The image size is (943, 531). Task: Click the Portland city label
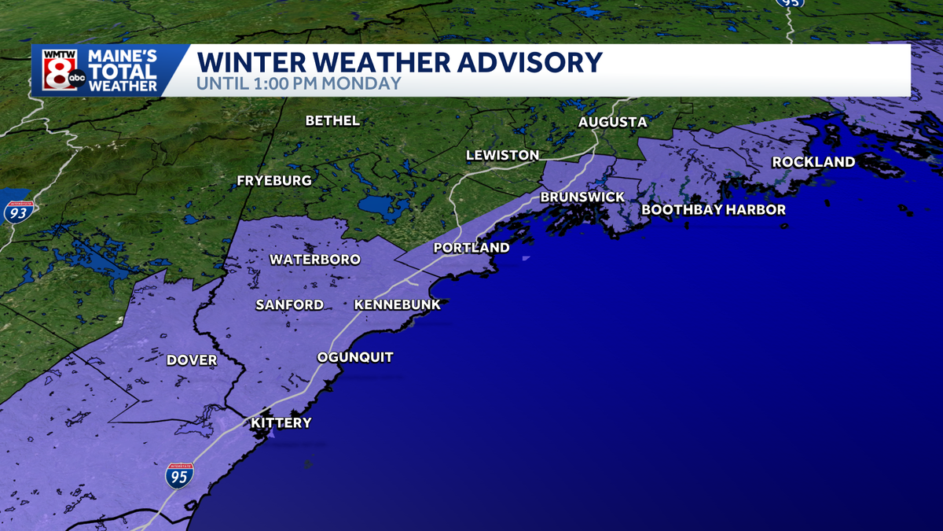pyautogui.click(x=472, y=248)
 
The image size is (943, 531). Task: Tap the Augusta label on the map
pyautogui.click(x=612, y=122)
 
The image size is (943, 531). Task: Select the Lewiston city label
pyautogui.click(x=502, y=155)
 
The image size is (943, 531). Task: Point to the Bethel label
pyautogui.click(x=332, y=120)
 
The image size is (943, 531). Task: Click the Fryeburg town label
pyautogui.click(x=274, y=181)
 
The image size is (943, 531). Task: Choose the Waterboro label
pyautogui.click(x=314, y=260)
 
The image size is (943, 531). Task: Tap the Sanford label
pyautogui.click(x=289, y=304)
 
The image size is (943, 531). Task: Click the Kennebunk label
pyautogui.click(x=398, y=304)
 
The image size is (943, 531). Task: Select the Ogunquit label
pyautogui.click(x=354, y=358)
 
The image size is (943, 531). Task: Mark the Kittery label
pyautogui.click(x=281, y=423)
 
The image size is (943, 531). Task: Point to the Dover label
pyautogui.click(x=192, y=360)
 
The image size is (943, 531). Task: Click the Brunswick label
pyautogui.click(x=582, y=197)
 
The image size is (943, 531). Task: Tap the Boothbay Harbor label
pyautogui.click(x=714, y=209)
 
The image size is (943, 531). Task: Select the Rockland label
pyautogui.click(x=813, y=162)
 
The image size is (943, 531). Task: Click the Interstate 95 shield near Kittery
pyautogui.click(x=179, y=477)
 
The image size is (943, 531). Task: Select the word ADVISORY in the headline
pyautogui.click(x=519, y=62)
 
